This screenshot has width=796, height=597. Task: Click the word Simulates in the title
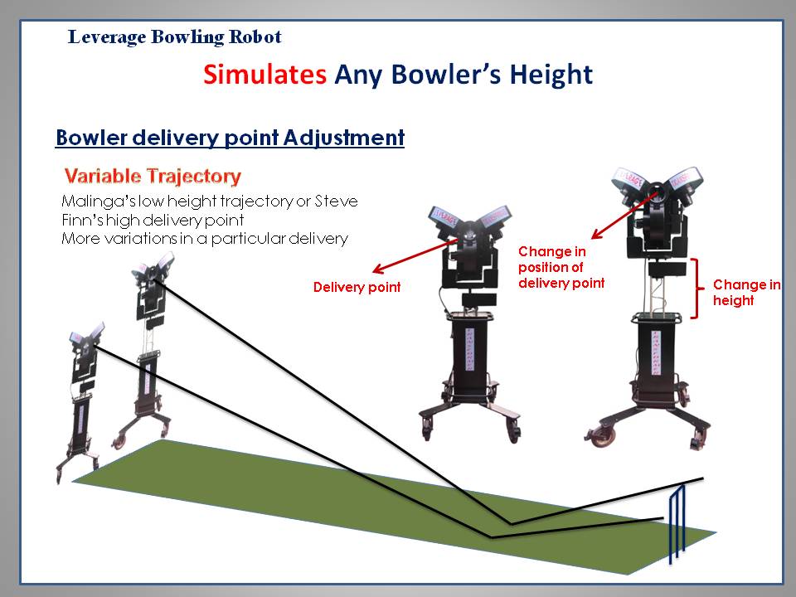coord(265,74)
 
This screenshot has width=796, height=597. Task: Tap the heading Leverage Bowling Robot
coord(175,37)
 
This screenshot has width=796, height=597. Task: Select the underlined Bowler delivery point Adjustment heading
coord(230,138)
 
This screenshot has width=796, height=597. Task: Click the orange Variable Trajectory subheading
coord(153,176)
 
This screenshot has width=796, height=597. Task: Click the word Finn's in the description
coord(80,221)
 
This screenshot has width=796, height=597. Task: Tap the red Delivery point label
coord(357,288)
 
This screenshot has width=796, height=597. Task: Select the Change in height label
coord(747,293)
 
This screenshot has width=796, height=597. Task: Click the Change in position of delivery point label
coord(561,267)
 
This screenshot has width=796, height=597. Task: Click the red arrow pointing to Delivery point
coord(415,256)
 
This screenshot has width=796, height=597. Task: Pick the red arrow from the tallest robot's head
coord(625,216)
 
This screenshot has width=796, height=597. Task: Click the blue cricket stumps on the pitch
coord(677,523)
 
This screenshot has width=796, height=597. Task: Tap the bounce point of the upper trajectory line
coord(511,523)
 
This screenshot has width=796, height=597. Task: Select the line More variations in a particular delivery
coord(205,239)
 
